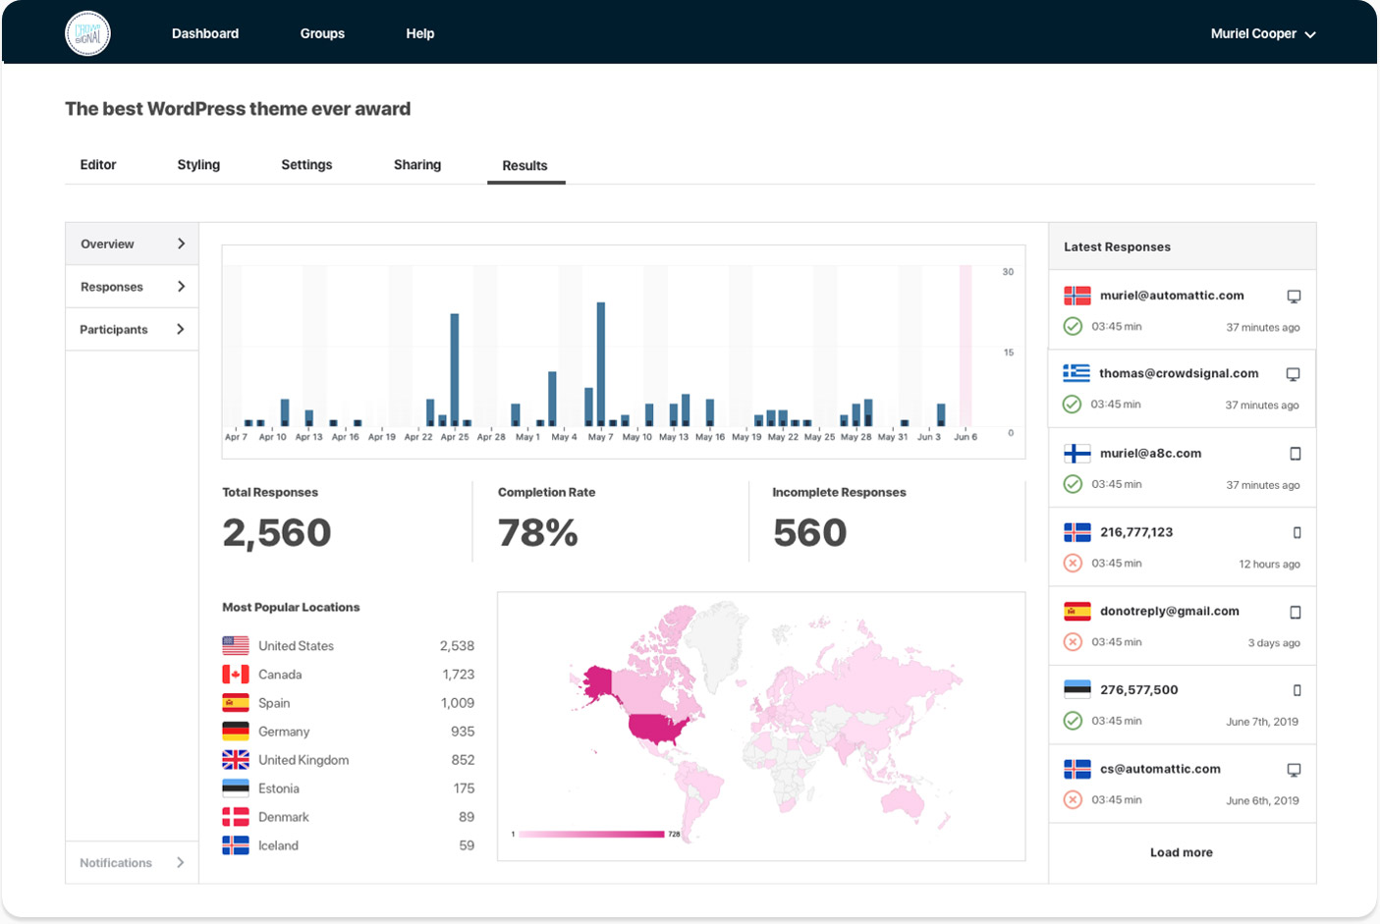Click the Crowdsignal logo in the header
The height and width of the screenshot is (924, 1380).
coord(87,33)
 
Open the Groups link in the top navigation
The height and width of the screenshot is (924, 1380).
coord(322,33)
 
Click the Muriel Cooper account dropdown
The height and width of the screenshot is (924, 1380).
coord(1262,33)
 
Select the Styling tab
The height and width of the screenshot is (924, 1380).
coord(198,165)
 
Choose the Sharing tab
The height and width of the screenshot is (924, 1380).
coord(417,165)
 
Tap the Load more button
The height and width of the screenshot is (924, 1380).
coord(1181,852)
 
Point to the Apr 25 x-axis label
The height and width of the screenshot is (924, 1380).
coord(455,437)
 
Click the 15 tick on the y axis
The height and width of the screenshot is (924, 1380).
coord(1009,353)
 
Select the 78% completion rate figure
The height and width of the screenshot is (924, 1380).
coord(538,533)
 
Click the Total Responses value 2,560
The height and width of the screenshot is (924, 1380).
coord(277,533)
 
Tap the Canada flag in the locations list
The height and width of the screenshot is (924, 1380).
coord(236,675)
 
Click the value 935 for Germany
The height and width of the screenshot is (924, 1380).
coord(463,732)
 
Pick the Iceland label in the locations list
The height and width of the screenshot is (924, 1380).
coord(278,845)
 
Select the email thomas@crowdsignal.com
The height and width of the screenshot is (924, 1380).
coord(1179,373)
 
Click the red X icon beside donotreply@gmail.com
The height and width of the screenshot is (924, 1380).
coord(1073,642)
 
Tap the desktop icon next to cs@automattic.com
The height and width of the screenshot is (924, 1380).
coord(1294,770)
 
